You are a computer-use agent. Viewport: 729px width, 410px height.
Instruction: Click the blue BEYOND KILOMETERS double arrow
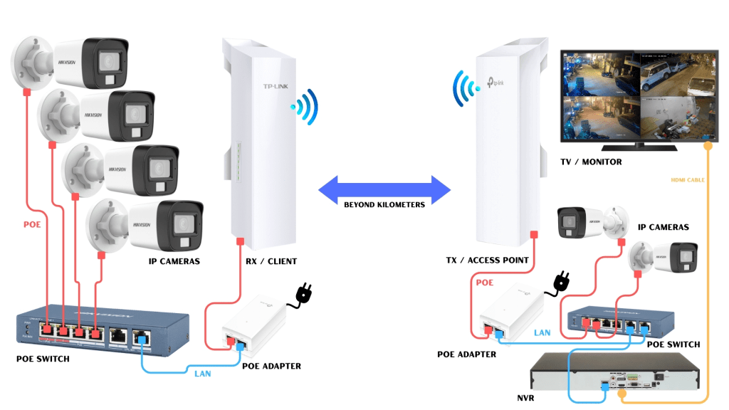pyautogui.click(x=384, y=189)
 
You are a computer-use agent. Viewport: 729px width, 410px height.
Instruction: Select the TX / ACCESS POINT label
pyautogui.click(x=488, y=261)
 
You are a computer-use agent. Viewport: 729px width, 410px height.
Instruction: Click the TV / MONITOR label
pyautogui.click(x=591, y=162)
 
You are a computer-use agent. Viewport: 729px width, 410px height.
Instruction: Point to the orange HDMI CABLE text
pyautogui.click(x=687, y=180)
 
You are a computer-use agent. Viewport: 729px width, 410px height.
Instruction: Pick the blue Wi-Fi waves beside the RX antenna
pyautogui.click(x=305, y=107)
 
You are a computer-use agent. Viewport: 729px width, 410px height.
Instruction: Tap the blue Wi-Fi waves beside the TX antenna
pyautogui.click(x=464, y=88)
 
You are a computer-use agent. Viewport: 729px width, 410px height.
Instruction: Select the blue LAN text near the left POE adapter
pyautogui.click(x=197, y=373)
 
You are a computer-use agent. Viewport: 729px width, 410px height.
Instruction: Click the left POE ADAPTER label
pyautogui.click(x=271, y=367)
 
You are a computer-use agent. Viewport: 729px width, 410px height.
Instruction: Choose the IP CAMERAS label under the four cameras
pyautogui.click(x=174, y=261)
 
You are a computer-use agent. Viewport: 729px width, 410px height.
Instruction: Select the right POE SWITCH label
pyautogui.click(x=673, y=345)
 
